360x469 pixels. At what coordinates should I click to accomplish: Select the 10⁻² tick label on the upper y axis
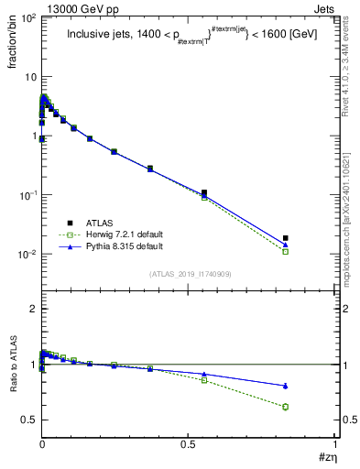tap(27, 254)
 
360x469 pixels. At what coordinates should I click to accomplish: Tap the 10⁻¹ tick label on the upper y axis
tap(27, 195)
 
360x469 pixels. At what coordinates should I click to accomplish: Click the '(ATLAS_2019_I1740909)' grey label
tap(190, 274)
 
